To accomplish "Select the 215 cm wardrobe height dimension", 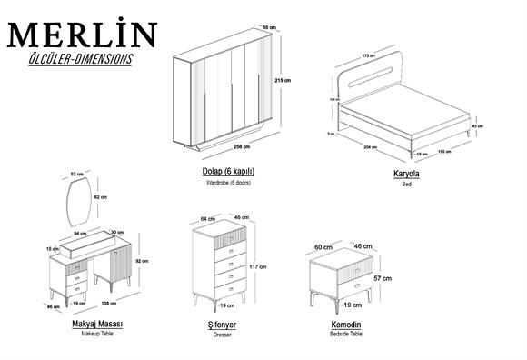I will pyautogui.click(x=282, y=81).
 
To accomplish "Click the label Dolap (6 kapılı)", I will pyautogui.click(x=227, y=171).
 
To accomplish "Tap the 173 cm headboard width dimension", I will pyautogui.click(x=368, y=56).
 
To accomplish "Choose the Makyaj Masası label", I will pyautogui.click(x=97, y=324).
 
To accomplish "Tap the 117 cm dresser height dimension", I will pyautogui.click(x=263, y=267).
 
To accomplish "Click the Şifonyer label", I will pyautogui.click(x=222, y=324).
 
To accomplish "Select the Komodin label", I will pyautogui.click(x=346, y=324).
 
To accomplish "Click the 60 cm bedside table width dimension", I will pyautogui.click(x=324, y=246).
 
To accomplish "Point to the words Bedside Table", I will pyautogui.click(x=346, y=335).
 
